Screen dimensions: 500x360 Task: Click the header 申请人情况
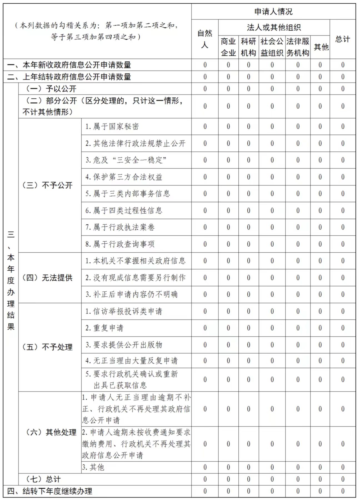point(273,12)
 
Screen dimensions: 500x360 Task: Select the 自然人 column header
point(205,39)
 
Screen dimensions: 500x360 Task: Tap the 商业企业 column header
point(228,47)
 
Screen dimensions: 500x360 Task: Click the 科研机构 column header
point(248,47)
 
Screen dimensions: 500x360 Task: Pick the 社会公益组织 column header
point(272,47)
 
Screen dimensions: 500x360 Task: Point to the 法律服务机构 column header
point(298,47)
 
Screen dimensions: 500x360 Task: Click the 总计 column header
point(342,39)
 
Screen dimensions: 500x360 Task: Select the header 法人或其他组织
point(274,27)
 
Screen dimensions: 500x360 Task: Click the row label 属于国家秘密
point(112,127)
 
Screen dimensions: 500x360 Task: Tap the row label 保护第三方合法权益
point(124,177)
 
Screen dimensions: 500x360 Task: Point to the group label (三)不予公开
point(47,185)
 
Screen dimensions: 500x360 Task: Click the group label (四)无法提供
point(47,277)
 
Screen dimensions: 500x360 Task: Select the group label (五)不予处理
point(47,347)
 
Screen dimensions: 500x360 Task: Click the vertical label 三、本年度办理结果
point(11,281)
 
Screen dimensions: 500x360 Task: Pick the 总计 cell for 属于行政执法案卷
point(342,227)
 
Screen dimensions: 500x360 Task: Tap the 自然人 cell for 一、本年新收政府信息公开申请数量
point(205,65)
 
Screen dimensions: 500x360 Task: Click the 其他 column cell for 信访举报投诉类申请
point(320,311)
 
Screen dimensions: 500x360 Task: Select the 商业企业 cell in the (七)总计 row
point(228,479)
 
